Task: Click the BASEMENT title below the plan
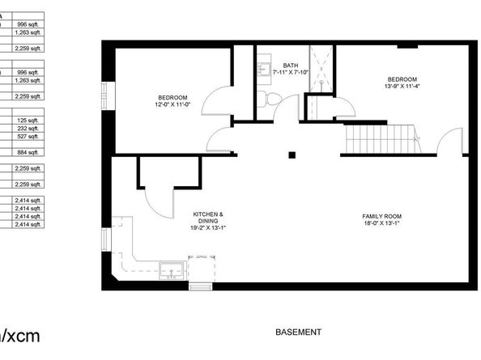pyautogui.click(x=298, y=332)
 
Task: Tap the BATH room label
pyautogui.click(x=290, y=65)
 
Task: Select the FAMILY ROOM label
pyautogui.click(x=381, y=216)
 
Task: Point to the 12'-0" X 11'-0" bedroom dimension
pyautogui.click(x=173, y=104)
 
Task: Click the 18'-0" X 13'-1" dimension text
pyautogui.click(x=381, y=226)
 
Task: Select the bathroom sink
pyautogui.click(x=263, y=71)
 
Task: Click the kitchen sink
pyautogui.click(x=171, y=269)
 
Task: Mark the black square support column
pyautogui.click(x=293, y=155)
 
